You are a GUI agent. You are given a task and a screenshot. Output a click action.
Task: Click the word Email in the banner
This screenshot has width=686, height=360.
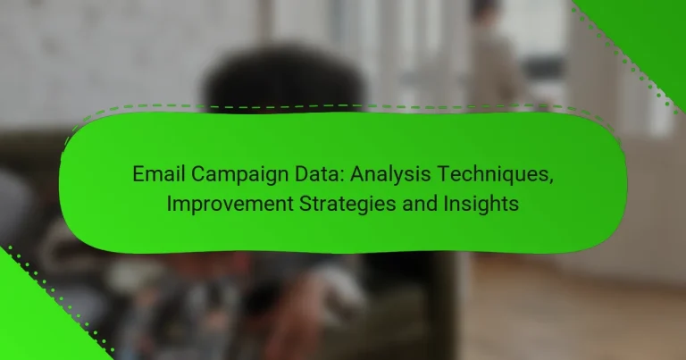point(155,174)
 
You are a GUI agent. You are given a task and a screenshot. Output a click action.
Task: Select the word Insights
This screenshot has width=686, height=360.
point(472,204)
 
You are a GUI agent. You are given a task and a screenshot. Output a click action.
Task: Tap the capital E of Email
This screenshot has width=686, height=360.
point(138,174)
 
